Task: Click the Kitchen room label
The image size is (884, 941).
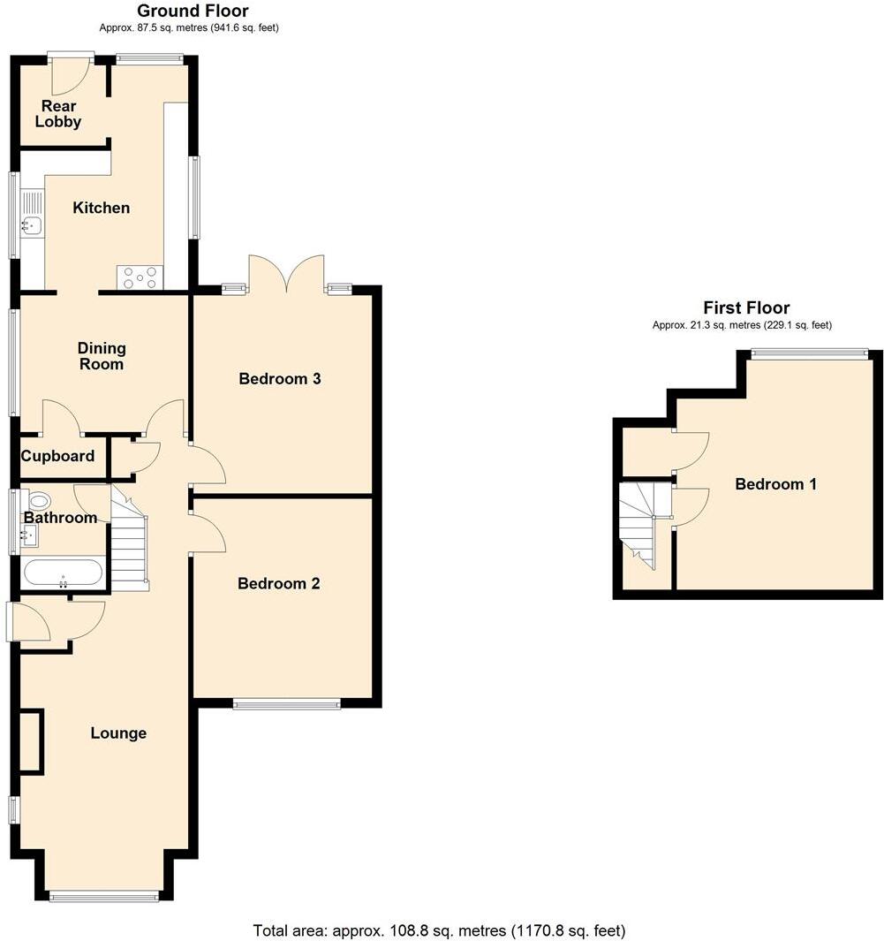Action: (x=101, y=209)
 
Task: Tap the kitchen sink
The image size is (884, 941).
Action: (x=32, y=225)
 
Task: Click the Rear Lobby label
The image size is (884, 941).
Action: (x=58, y=114)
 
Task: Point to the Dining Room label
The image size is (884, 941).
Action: (x=102, y=356)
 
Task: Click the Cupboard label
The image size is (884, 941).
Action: (x=58, y=457)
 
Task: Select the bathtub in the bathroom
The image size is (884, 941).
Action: (x=63, y=572)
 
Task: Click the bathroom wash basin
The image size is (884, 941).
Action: (x=28, y=534)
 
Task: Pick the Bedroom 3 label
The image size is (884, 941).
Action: (x=280, y=379)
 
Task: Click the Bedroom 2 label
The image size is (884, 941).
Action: (x=279, y=584)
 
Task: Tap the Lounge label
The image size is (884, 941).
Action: (x=118, y=733)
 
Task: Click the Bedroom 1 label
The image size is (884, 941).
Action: (x=775, y=484)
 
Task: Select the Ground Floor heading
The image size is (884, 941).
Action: (x=193, y=11)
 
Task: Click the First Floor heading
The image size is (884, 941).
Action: (x=745, y=307)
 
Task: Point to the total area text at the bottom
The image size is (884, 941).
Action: (x=439, y=930)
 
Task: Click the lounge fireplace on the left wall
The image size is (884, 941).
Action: (x=31, y=741)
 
